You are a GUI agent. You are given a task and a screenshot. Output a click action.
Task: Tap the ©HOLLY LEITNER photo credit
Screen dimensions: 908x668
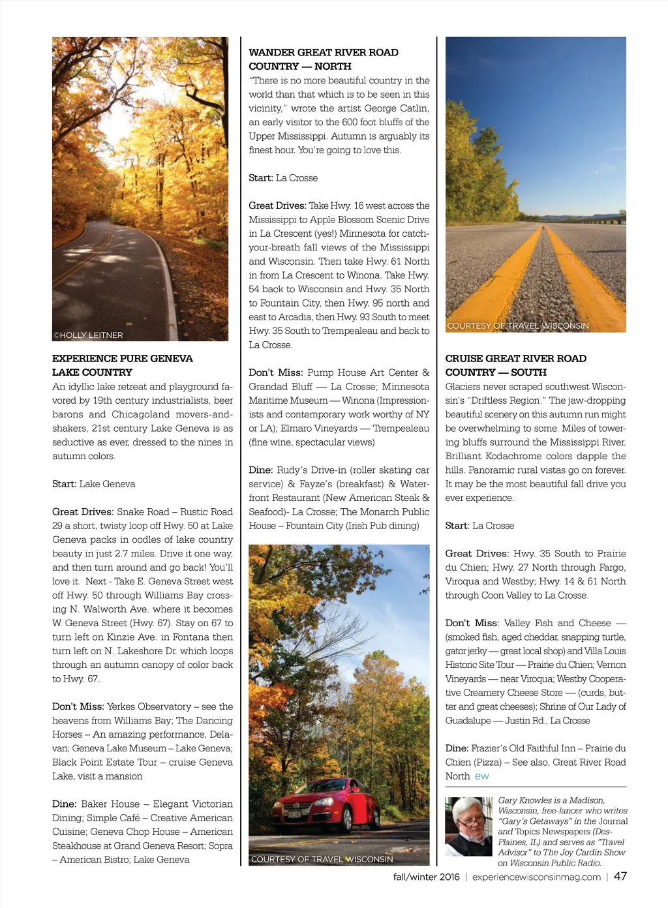tap(88, 335)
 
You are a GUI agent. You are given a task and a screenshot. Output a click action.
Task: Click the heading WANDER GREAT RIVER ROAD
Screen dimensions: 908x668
tap(323, 52)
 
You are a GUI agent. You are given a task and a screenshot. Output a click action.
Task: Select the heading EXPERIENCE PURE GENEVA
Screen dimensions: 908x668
tap(123, 358)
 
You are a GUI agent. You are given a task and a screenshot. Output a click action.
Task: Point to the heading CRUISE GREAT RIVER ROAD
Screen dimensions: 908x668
tap(515, 358)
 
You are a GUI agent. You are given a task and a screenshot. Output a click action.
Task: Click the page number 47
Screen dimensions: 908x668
tap(620, 876)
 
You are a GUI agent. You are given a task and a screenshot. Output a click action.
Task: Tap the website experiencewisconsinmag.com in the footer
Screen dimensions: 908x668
tap(536, 877)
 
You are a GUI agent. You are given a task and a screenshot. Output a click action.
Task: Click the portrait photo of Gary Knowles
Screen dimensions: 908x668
tap(468, 826)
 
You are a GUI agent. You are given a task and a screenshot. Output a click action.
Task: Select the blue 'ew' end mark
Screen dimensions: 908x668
tap(482, 776)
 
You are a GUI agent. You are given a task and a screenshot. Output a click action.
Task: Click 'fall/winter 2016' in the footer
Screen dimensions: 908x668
tap(426, 877)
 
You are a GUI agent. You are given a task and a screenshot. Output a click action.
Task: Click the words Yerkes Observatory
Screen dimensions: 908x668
tap(149, 706)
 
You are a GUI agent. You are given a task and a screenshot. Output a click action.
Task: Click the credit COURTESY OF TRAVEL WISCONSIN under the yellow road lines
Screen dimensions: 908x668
tap(518, 325)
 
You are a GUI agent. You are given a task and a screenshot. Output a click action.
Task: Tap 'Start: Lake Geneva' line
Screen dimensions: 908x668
tap(94, 484)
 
